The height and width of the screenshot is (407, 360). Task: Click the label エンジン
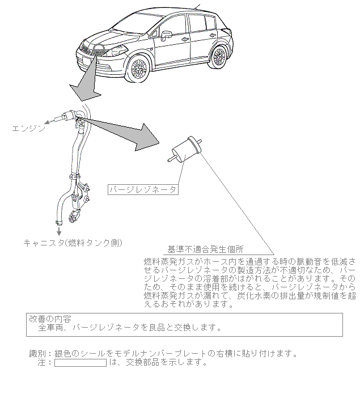coord(29,128)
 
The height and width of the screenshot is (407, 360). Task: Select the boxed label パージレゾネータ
coord(142,189)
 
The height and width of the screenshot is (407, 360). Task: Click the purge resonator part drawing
coord(186,149)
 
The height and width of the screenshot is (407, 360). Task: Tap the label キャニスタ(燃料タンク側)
coord(73,242)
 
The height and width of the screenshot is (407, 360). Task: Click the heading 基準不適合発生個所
coord(205,249)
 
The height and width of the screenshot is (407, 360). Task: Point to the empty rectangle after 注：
coord(80,363)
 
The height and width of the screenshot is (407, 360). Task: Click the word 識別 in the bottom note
coord(37,354)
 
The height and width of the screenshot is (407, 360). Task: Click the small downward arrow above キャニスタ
coord(58,231)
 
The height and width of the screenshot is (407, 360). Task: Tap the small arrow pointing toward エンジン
coord(53,119)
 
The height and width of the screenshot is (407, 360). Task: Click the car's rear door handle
coord(200,38)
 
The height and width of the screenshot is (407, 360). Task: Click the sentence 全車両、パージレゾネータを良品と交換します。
coord(129,328)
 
